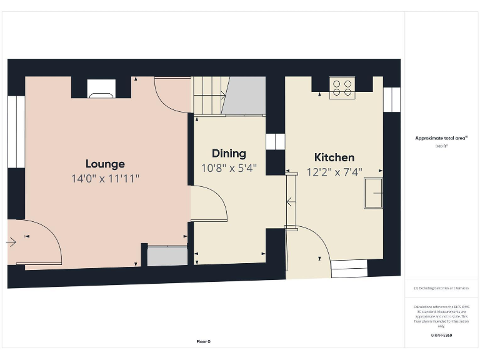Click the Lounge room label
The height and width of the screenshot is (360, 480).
(x=105, y=164)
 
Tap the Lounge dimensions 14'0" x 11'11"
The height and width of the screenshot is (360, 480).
(x=105, y=179)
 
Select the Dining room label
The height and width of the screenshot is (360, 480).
(x=229, y=153)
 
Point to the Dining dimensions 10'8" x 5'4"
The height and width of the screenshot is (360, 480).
(x=229, y=168)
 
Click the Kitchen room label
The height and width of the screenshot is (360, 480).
(x=334, y=157)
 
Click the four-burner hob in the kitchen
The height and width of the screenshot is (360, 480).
(x=342, y=87)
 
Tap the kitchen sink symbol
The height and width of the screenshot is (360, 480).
(x=374, y=193)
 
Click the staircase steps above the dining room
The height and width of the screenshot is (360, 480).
(x=209, y=96)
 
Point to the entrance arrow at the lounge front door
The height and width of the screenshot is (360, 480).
(x=12, y=242)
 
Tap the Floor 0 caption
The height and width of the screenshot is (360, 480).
(x=204, y=342)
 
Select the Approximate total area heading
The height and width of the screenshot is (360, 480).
(x=441, y=138)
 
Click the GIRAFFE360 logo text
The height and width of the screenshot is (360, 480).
(x=441, y=336)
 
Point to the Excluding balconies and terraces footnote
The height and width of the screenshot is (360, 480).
(x=441, y=288)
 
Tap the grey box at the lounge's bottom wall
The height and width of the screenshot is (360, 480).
(x=167, y=256)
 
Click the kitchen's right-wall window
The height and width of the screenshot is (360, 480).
(x=391, y=99)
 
